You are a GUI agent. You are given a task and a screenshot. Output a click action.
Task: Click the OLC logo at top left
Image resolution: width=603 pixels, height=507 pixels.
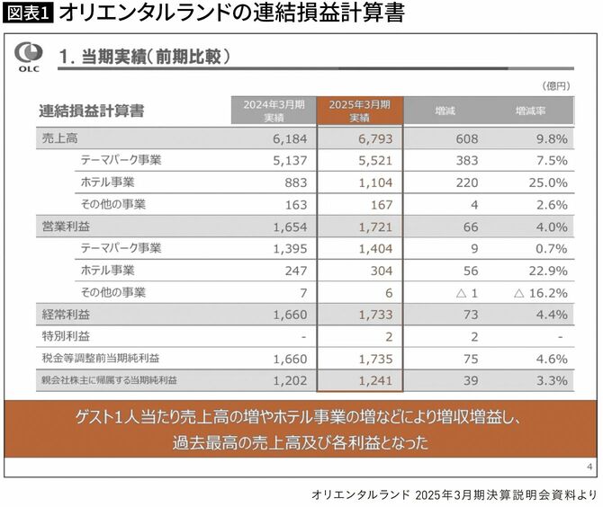click(26, 55)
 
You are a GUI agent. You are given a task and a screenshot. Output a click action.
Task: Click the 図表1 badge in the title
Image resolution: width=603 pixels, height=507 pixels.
click(26, 13)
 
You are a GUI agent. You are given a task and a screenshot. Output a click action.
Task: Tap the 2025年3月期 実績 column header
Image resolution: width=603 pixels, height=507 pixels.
click(359, 111)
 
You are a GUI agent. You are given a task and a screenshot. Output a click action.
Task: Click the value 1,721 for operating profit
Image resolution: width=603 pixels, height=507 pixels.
click(365, 226)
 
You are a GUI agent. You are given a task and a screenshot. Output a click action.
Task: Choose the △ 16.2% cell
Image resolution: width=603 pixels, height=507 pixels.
click(539, 292)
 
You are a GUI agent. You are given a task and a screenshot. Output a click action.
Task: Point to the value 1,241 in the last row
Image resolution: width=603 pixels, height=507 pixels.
click(365, 380)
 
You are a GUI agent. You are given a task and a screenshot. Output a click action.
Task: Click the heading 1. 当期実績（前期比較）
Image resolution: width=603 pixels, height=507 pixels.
click(145, 56)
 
